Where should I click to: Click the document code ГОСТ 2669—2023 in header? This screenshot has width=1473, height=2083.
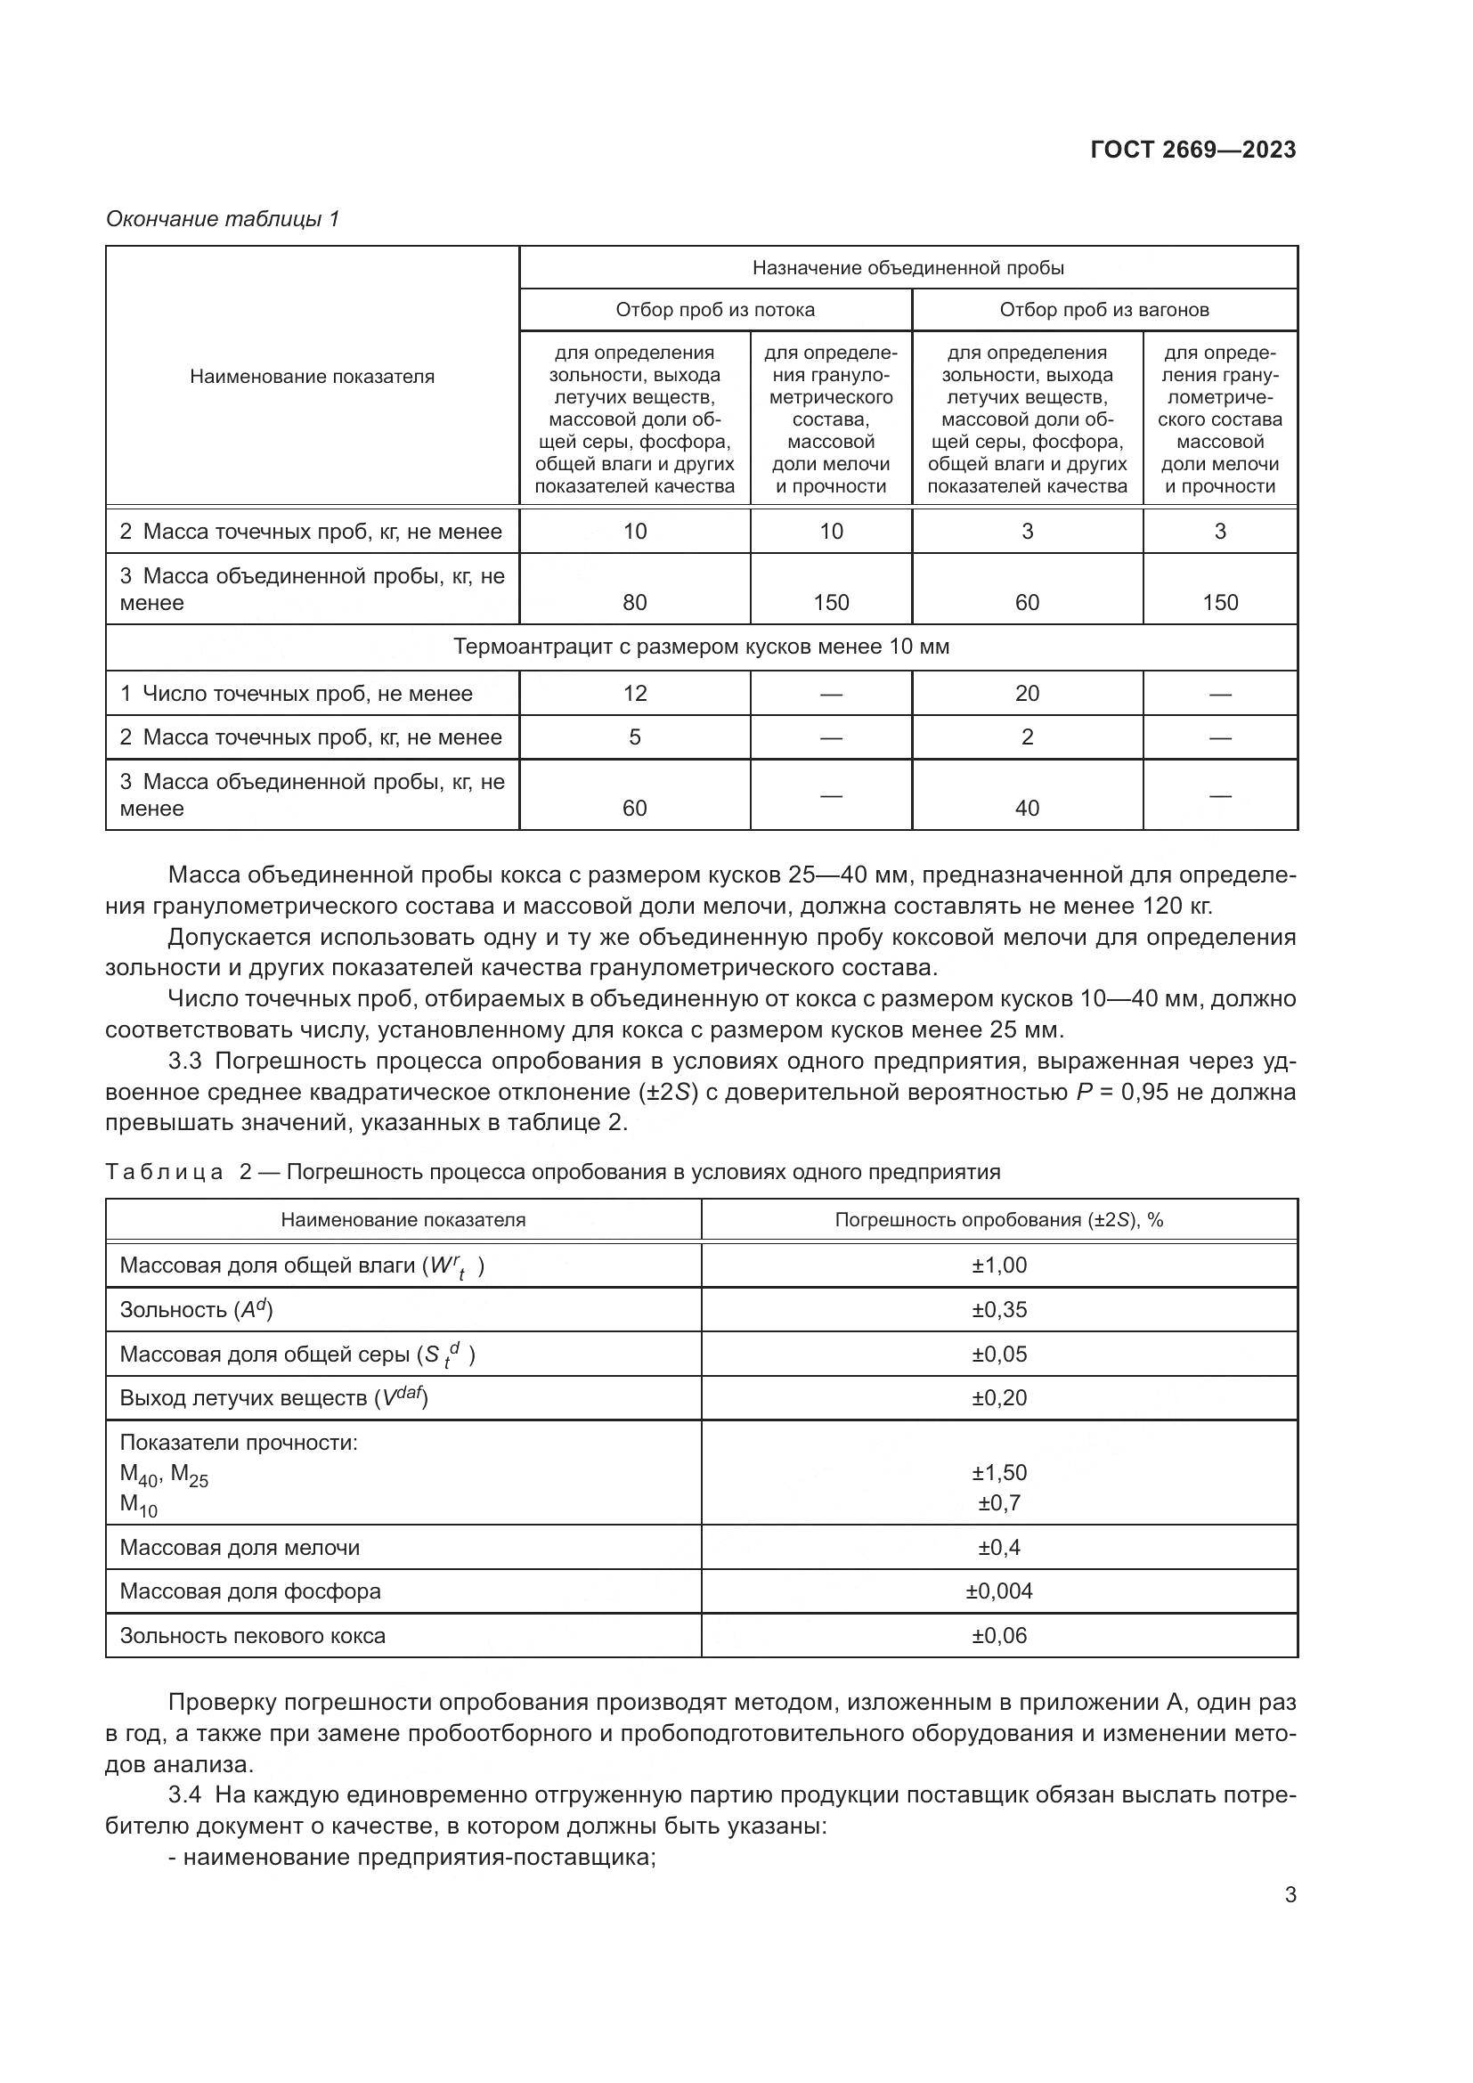pyautogui.click(x=1192, y=150)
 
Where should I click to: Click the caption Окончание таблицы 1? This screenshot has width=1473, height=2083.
pyautogui.click(x=223, y=219)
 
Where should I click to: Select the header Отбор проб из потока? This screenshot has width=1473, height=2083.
pyautogui.click(x=715, y=310)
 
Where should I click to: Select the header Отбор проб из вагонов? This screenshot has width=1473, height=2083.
pyautogui.click(x=1103, y=310)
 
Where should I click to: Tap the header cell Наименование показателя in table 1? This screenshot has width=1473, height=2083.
pyautogui.click(x=312, y=377)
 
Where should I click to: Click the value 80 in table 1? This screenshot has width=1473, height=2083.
pyautogui.click(x=635, y=602)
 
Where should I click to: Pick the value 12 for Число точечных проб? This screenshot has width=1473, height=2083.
pyautogui.click(x=635, y=693)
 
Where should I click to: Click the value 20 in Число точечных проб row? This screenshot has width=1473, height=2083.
pyautogui.click(x=1027, y=693)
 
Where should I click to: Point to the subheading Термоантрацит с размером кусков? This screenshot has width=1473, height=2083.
pyautogui.click(x=701, y=647)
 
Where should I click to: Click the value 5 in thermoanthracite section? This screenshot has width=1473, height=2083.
pyautogui.click(x=635, y=736)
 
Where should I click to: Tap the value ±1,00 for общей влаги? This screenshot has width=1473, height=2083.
pyautogui.click(x=998, y=1265)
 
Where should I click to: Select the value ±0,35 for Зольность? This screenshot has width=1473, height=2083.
pyautogui.click(x=998, y=1309)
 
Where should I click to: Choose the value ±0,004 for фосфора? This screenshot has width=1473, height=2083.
pyautogui.click(x=998, y=1591)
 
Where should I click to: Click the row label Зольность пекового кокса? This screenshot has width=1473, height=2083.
pyautogui.click(x=252, y=1635)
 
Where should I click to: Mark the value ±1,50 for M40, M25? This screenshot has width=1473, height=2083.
pyautogui.click(x=998, y=1472)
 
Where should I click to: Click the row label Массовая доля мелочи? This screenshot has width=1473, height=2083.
pyautogui.click(x=240, y=1547)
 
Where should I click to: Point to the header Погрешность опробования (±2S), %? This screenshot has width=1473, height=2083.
pyautogui.click(x=998, y=1220)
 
